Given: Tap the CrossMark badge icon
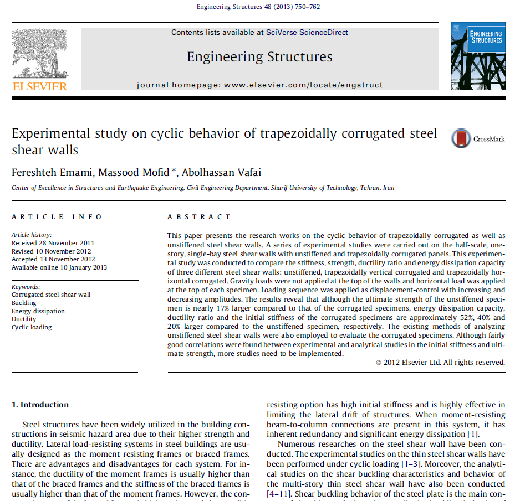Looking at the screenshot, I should [x=460, y=138].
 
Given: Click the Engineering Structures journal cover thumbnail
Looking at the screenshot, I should [x=478, y=56].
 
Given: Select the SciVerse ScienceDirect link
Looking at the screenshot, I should [x=307, y=32].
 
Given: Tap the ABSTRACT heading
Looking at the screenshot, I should [x=198, y=216].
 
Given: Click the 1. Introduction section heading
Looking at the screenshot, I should [x=40, y=405].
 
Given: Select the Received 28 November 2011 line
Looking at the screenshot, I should [x=53, y=243].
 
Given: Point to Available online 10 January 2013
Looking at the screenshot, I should [x=59, y=267].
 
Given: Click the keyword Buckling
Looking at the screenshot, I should [x=24, y=303].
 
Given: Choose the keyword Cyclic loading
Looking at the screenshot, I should [x=32, y=327].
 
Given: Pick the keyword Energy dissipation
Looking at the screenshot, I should [x=38, y=311].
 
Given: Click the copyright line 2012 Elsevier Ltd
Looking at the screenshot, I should [x=440, y=363].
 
